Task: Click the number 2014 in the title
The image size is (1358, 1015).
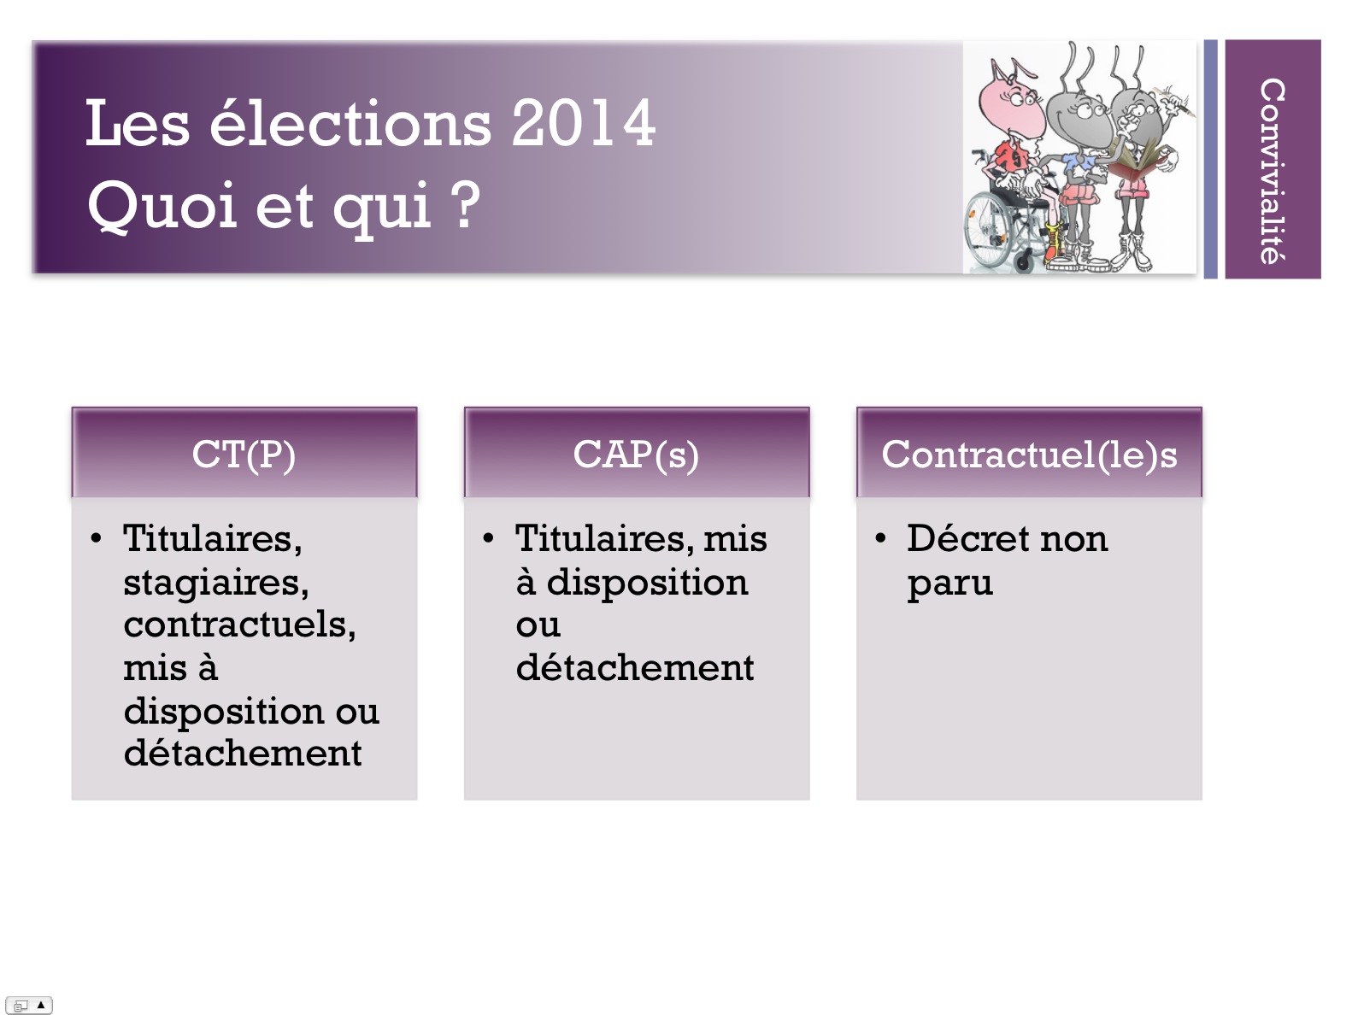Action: coord(583,124)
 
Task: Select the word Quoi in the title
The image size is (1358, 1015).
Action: coord(162,205)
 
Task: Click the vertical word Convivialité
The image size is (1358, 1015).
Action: coord(1273,172)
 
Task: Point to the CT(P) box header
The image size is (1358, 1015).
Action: coord(244,453)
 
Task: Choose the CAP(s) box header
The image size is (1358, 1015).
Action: coord(637,453)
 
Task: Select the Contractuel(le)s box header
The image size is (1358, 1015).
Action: coord(1029,453)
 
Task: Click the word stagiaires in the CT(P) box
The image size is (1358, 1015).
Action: coord(215,583)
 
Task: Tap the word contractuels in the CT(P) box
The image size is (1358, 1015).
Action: coord(239,625)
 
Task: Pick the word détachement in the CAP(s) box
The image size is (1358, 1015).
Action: coord(635,668)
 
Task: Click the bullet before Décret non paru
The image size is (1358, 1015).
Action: coord(880,538)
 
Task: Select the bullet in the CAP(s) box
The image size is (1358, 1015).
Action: coord(488,538)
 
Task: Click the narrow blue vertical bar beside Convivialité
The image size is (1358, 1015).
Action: coord(1210,159)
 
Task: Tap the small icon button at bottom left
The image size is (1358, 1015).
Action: coord(28,1005)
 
